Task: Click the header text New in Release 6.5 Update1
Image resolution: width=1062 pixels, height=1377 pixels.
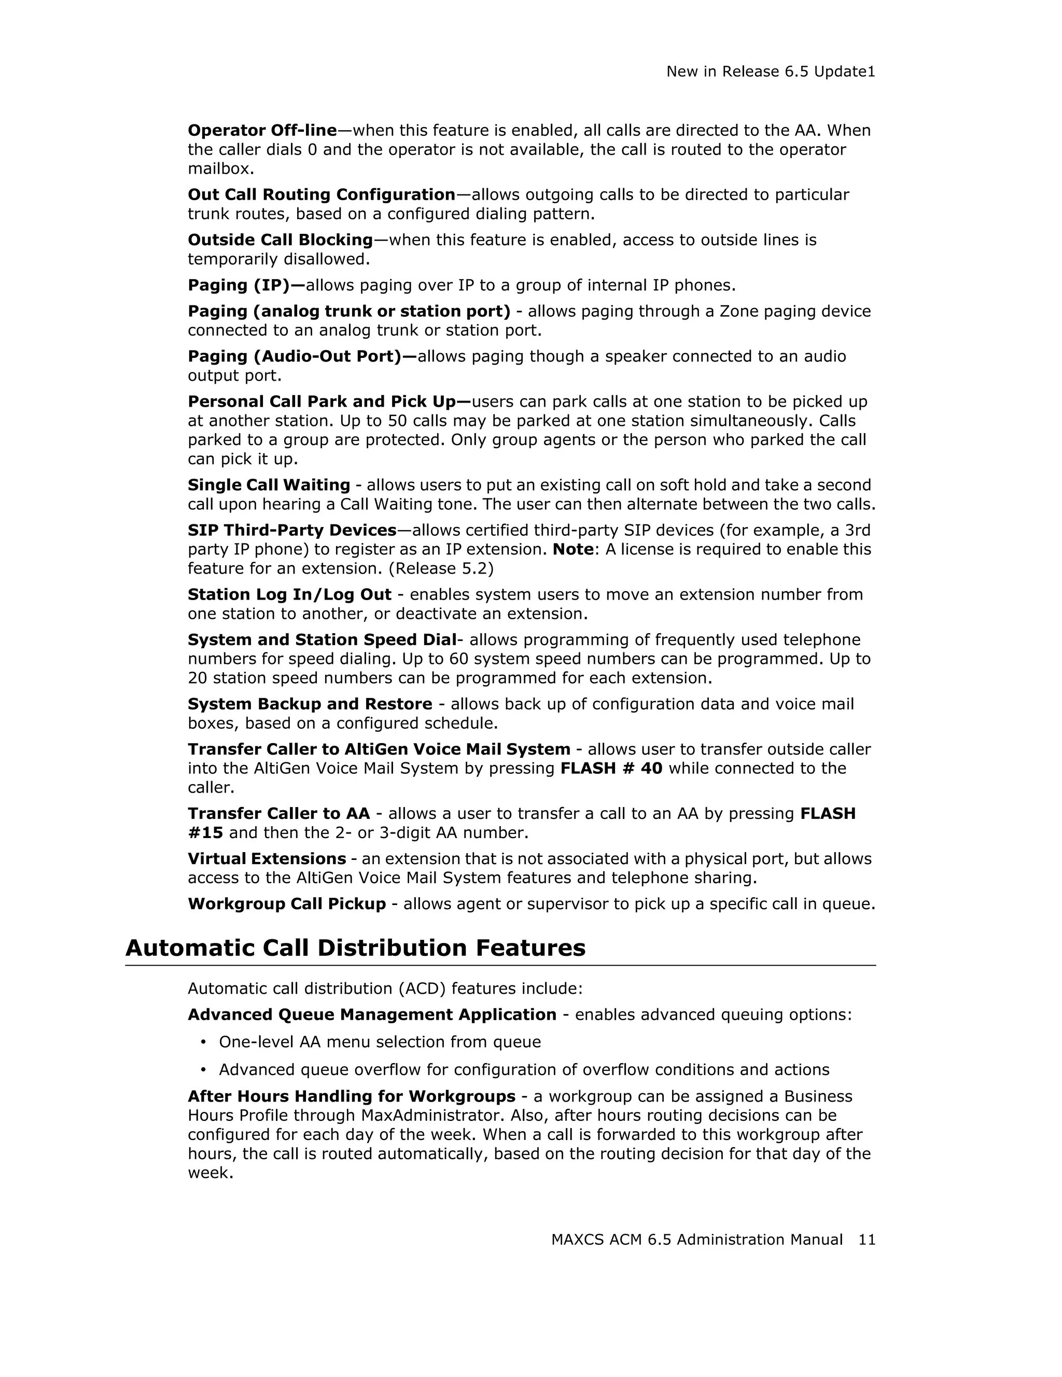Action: tap(770, 72)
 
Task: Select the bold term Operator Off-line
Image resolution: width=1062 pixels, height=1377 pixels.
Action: tap(262, 131)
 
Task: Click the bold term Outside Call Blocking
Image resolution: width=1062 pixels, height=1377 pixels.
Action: tap(280, 240)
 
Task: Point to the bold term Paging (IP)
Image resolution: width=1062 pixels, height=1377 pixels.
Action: tap(238, 286)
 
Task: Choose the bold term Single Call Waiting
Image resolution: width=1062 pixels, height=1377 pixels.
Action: tap(269, 485)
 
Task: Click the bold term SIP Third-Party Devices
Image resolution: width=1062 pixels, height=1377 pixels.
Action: tap(292, 530)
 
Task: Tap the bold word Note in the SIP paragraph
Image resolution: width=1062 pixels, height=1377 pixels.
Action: tap(573, 549)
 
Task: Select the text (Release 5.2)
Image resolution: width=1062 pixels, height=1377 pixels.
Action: tap(441, 569)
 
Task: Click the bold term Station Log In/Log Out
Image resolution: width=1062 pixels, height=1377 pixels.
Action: tap(289, 594)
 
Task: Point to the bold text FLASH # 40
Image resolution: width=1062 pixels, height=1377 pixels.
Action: tap(611, 769)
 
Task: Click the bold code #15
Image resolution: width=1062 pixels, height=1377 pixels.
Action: tap(205, 833)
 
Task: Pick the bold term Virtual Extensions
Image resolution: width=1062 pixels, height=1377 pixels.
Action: tap(267, 859)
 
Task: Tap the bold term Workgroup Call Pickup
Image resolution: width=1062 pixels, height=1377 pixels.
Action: tap(287, 904)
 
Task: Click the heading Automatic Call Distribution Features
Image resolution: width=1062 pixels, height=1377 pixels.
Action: tap(356, 948)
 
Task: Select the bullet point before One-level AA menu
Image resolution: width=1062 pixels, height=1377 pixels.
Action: tap(203, 1042)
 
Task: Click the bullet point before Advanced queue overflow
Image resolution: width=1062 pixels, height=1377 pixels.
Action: tap(203, 1070)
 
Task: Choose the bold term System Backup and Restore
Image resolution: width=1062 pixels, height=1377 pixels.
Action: tap(310, 704)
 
